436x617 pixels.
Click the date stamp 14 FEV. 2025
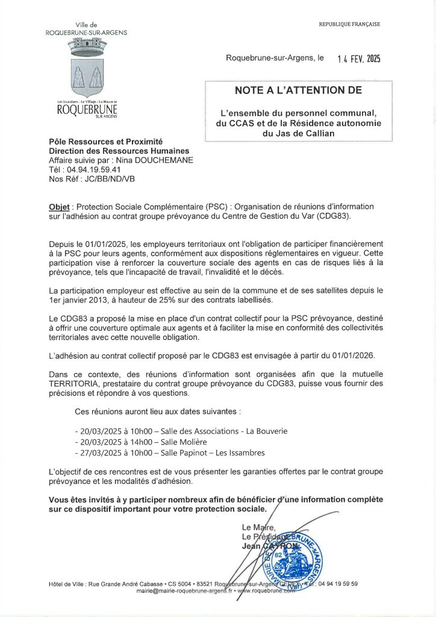359,59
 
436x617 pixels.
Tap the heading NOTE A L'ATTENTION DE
298,91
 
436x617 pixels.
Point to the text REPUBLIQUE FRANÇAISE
349,24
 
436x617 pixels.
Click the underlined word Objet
59,207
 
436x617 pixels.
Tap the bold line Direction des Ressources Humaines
119,151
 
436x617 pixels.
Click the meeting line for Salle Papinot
170,453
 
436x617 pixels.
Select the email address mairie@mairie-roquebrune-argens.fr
184,592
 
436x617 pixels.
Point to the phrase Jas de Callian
298,133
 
